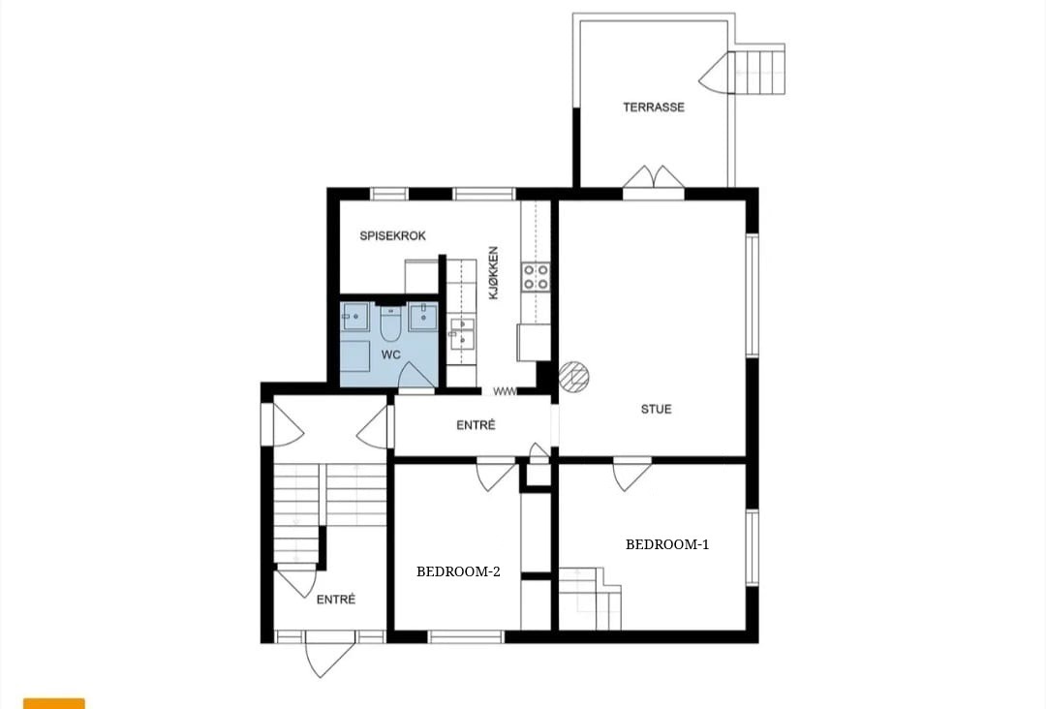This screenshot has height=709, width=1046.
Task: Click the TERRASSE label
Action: pos(654,107)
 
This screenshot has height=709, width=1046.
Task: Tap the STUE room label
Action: pos(657,409)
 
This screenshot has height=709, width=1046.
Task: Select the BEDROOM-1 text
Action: pos(667,544)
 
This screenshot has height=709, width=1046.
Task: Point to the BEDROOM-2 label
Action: pos(458,571)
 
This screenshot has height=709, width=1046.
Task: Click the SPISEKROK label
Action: pos(392,235)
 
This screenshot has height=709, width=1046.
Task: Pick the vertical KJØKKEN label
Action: pos(494,273)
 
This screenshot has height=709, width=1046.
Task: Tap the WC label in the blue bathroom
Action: pos(391,354)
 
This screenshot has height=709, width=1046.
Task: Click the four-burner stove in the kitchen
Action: pos(536,277)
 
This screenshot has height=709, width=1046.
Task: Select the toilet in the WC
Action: pos(390,324)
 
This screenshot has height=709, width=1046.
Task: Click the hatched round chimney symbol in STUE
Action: pos(573,376)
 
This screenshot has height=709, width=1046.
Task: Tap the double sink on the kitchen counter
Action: pos(462,333)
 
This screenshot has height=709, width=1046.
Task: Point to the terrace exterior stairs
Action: pos(759,69)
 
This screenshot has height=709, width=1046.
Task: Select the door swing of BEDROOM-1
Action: pos(631,475)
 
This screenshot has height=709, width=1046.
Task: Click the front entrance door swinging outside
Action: pos(328,655)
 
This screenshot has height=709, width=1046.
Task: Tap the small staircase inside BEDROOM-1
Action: pos(590,599)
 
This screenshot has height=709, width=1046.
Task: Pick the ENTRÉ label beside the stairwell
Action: pos(335,600)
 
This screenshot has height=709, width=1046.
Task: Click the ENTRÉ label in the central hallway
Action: pos(476,425)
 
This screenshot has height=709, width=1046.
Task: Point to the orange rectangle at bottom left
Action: pos(54,703)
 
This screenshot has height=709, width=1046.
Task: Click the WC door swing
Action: pos(415,376)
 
